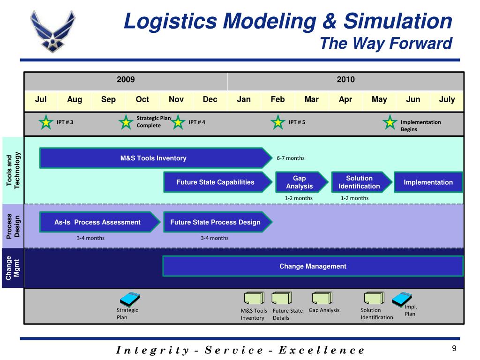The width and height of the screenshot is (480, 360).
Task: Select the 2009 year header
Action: pyautogui.click(x=126, y=80)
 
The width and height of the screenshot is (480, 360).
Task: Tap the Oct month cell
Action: pyautogui.click(x=142, y=99)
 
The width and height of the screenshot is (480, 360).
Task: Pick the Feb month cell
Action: pyautogui.click(x=277, y=99)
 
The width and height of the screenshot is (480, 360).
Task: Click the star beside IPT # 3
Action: pyautogui.click(x=46, y=122)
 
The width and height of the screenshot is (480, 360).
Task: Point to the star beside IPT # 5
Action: pyautogui.click(x=278, y=122)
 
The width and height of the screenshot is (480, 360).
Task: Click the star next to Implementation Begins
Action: pyautogui.click(x=390, y=122)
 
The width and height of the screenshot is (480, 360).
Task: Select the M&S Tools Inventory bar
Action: pyautogui.click(x=153, y=158)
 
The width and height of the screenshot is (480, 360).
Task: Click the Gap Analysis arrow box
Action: pyautogui.click(x=300, y=182)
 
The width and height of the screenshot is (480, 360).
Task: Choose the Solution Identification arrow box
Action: pyautogui.click(x=360, y=182)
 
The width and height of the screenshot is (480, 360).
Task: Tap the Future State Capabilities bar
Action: pyautogui.click(x=216, y=182)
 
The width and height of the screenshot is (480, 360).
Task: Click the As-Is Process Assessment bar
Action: pyautogui.click(x=97, y=222)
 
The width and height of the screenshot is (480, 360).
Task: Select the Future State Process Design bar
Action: pyautogui.click(x=216, y=222)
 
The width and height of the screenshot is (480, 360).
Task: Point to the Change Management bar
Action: pyautogui.click(x=313, y=266)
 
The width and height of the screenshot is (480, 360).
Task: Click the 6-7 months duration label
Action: pyautogui.click(x=291, y=158)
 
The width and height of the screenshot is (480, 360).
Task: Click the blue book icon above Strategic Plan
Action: pyautogui.click(x=130, y=298)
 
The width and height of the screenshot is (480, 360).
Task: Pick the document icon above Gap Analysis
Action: pyautogui.click(x=322, y=298)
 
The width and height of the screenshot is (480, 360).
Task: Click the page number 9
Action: pyautogui.click(x=454, y=348)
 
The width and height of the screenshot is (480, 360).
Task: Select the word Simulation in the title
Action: pyautogui.click(x=397, y=21)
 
